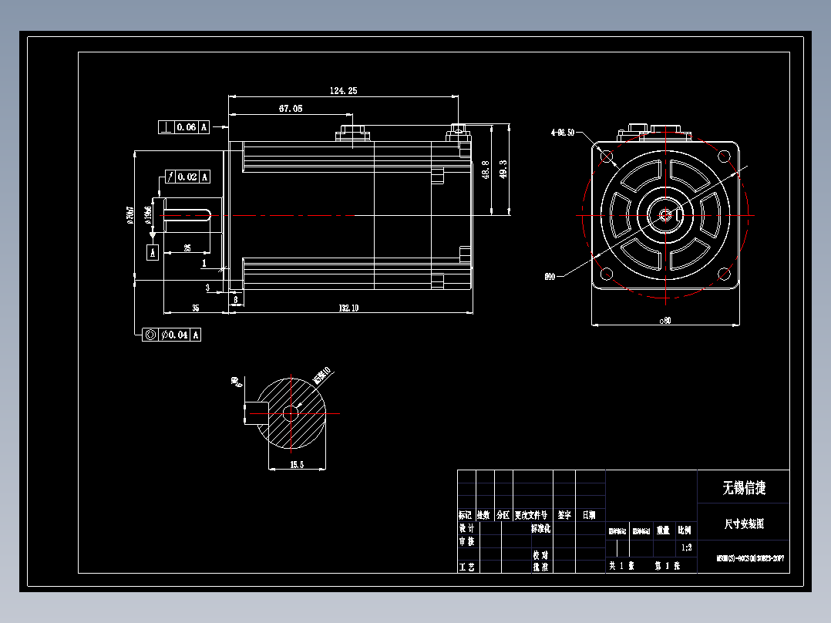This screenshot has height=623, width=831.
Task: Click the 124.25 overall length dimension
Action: coord(343,91)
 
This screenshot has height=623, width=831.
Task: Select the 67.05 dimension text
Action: coord(290,109)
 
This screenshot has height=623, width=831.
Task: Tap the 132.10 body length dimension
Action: coord(348,308)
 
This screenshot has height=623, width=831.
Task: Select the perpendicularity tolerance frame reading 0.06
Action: coord(184,127)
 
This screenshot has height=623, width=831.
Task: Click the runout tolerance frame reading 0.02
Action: coord(185,177)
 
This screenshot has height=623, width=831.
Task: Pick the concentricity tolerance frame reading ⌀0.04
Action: coord(173,335)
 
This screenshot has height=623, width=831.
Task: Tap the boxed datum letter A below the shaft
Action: coord(153,252)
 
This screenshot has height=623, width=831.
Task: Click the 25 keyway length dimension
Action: coord(187,248)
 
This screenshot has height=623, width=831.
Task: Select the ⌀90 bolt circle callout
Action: coord(550,276)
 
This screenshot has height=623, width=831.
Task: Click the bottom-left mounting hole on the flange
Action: coord(607,274)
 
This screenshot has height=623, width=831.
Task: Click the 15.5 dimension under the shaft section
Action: coord(297,464)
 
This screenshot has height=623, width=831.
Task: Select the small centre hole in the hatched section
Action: coord(291,413)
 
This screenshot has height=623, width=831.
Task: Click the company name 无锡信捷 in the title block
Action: coord(743,488)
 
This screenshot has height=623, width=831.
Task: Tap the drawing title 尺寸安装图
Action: coord(743,524)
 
